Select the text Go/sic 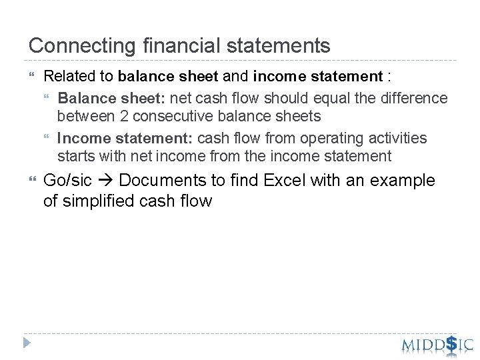[67, 181]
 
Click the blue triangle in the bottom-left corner [27, 343]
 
